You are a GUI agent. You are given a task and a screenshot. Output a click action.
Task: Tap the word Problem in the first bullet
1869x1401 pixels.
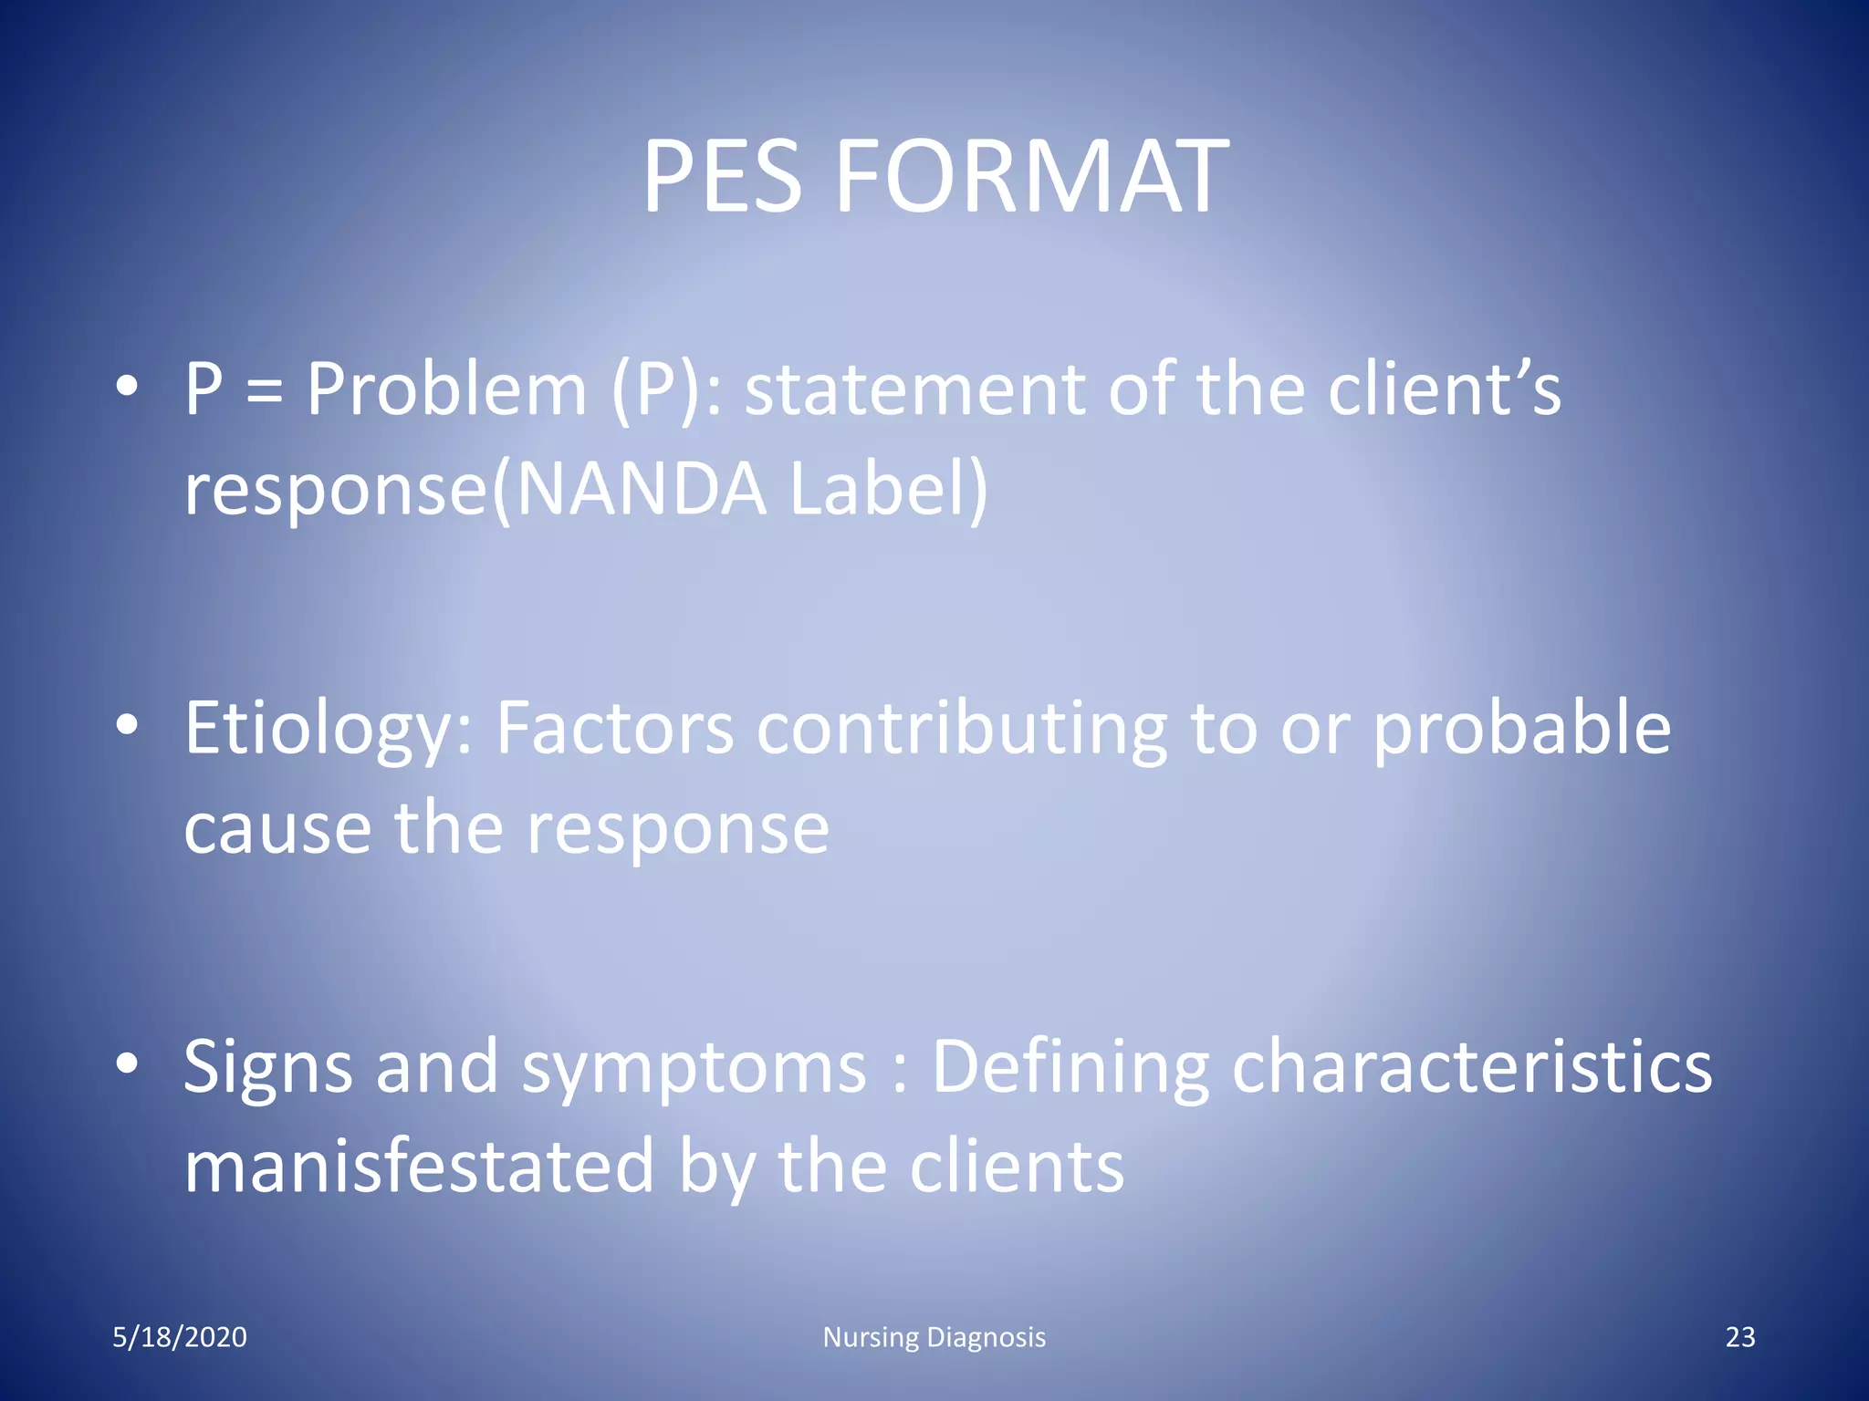point(445,390)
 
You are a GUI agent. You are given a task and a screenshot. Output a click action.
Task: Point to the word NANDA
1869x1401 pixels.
point(642,489)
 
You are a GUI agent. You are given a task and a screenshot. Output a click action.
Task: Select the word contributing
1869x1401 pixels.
point(962,730)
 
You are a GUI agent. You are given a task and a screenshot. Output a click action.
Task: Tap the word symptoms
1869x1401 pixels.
point(694,1069)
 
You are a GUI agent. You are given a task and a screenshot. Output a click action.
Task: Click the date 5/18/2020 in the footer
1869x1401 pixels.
point(180,1337)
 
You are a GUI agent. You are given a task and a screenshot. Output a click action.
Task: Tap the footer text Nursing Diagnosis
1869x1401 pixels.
point(934,1337)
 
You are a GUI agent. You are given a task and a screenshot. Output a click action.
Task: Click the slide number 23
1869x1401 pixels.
point(1740,1337)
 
